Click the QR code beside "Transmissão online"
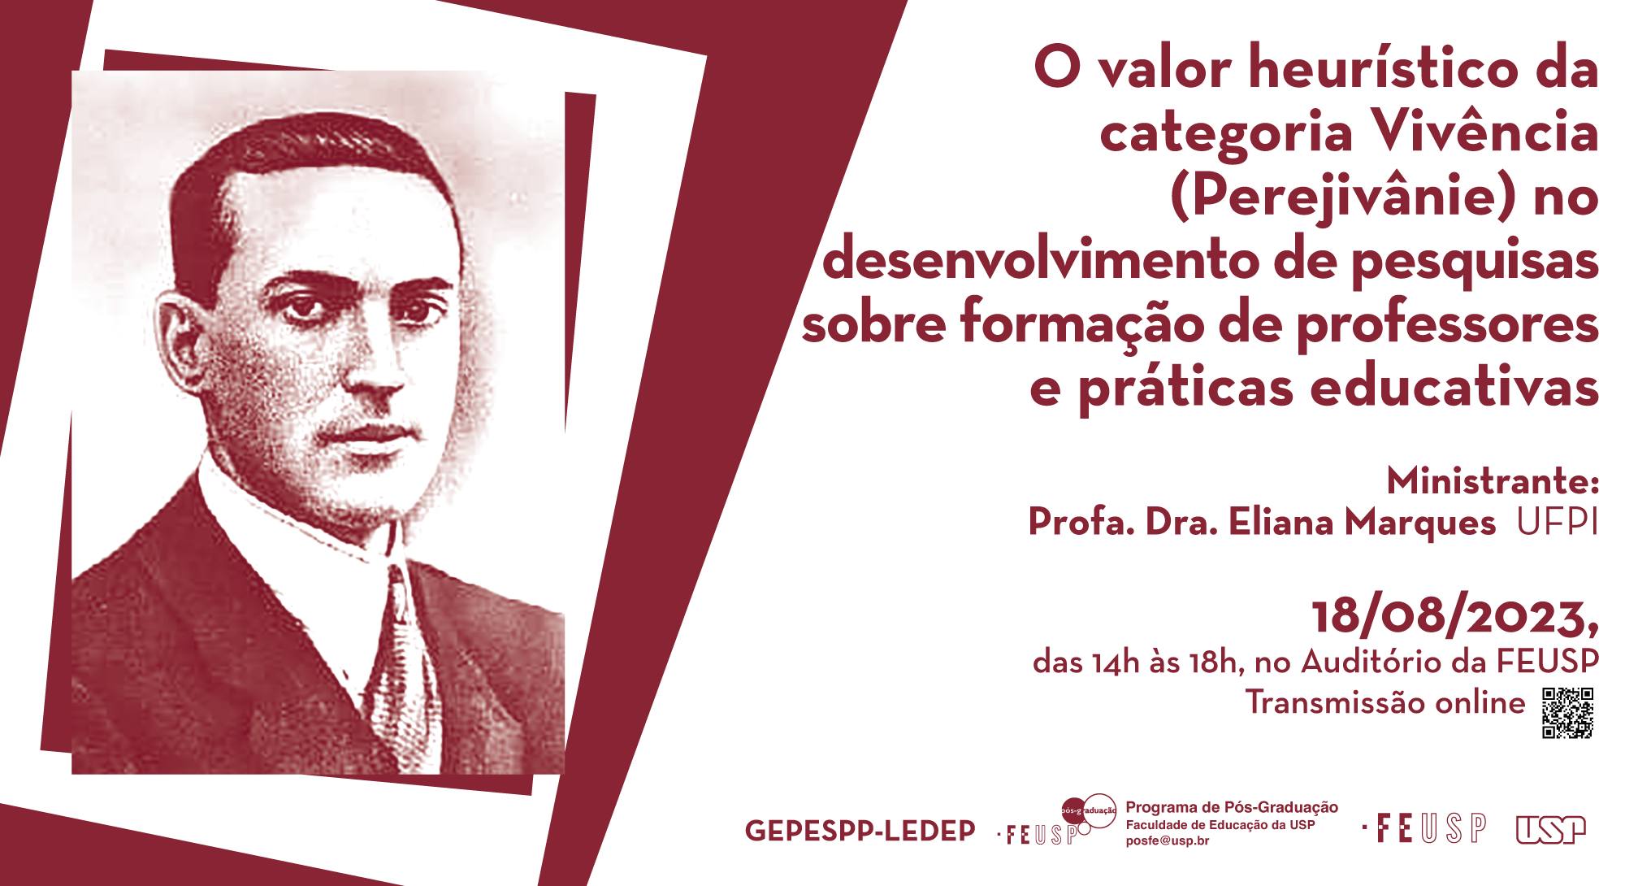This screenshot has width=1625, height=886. (x=1568, y=714)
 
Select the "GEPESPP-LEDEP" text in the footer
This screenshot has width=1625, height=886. (x=860, y=831)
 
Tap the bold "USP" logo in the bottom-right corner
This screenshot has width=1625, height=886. (x=1550, y=829)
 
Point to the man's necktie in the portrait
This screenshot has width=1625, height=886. (x=403, y=658)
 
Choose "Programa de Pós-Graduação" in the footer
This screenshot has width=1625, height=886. (x=1232, y=807)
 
